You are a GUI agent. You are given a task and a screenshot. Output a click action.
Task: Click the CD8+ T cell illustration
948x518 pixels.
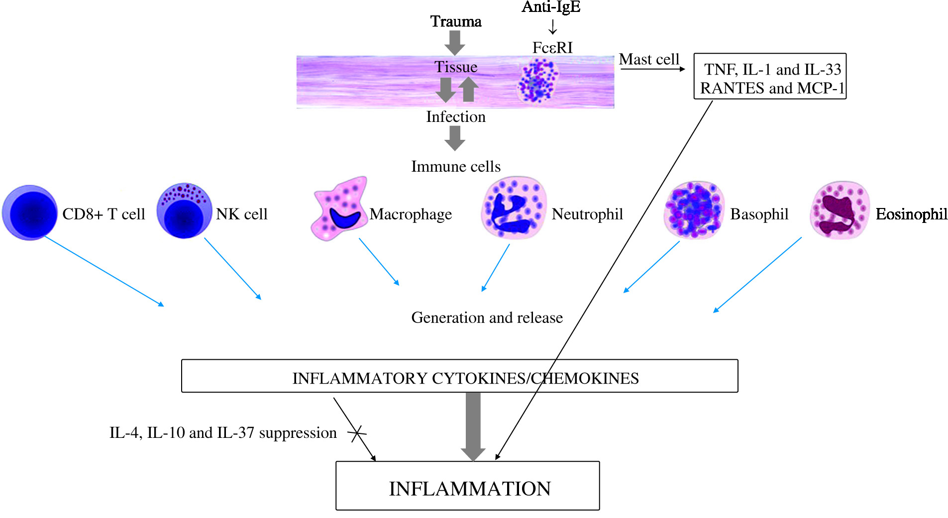coord(30,212)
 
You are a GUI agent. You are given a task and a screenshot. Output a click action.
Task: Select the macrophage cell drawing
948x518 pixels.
coord(339,209)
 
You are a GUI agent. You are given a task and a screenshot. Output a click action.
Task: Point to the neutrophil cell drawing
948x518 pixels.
coord(514,208)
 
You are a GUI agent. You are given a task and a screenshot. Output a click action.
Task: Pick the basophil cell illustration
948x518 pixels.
coord(694,210)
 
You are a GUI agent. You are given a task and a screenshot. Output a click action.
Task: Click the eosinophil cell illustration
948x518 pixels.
coord(840,210)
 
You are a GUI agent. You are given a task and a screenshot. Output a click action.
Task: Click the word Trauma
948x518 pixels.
coord(455,21)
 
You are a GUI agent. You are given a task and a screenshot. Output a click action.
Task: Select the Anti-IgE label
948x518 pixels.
coord(551,7)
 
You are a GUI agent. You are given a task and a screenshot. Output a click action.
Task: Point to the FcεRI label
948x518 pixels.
coord(552,48)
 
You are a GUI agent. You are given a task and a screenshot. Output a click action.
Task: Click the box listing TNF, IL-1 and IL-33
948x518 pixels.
coord(770,77)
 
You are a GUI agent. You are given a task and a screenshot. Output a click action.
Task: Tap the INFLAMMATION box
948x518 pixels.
coord(467,486)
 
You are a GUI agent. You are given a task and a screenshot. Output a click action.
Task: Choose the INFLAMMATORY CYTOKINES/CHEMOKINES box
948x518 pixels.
coord(459,376)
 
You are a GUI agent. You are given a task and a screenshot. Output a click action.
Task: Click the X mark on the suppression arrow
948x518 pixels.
coord(357,433)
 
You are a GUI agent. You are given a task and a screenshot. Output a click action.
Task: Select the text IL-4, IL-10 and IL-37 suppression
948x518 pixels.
coord(223,433)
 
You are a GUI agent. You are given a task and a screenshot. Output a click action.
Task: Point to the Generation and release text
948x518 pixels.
coord(487,317)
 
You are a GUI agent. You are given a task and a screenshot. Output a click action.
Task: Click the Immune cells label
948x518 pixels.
coord(455,167)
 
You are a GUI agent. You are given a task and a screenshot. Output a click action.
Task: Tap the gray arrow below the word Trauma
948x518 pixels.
coord(454,42)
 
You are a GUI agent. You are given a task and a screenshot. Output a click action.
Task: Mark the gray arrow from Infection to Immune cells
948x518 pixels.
coord(454,138)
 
